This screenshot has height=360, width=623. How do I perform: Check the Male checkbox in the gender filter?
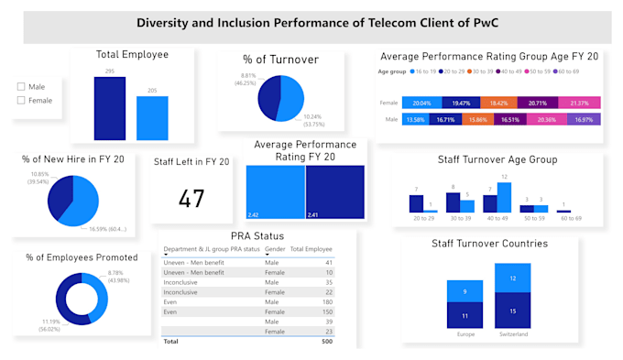coord(22,87)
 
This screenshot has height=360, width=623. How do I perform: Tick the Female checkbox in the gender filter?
coord(22,100)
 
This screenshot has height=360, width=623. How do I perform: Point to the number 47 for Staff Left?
coord(191,198)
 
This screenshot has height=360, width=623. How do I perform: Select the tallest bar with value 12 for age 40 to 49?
coord(504,198)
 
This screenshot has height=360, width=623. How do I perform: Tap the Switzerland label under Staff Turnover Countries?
coord(512,334)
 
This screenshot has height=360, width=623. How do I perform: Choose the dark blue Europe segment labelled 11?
coord(465,315)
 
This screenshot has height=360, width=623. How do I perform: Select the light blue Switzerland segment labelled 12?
coord(512,278)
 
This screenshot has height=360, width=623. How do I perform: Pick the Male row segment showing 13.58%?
coord(416,119)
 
